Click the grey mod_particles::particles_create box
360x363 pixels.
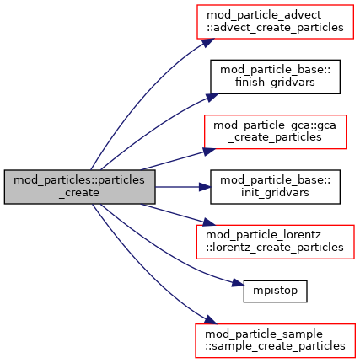(x=79, y=187)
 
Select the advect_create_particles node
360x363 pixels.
(x=275, y=22)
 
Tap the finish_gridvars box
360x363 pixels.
(x=275, y=77)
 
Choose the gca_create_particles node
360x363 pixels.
(x=275, y=131)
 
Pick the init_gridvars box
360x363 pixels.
(x=275, y=187)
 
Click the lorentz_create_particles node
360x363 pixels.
(x=275, y=242)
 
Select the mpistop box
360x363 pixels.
(x=275, y=291)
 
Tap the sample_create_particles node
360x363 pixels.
(x=275, y=340)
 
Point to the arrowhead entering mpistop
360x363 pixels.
(x=238, y=283)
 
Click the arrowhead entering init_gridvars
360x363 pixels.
(x=205, y=187)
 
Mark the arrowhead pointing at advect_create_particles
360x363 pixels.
(x=208, y=43)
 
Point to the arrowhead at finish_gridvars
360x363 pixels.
(x=212, y=98)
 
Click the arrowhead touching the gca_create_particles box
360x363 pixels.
(x=209, y=152)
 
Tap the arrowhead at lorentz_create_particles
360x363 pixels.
(x=209, y=222)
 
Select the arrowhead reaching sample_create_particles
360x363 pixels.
(x=210, y=319)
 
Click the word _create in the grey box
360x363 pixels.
(x=79, y=193)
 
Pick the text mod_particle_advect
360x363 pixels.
(x=264, y=15)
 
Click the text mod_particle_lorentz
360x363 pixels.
(x=263, y=235)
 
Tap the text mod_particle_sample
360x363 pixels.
(x=264, y=334)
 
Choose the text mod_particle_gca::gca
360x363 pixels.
(x=275, y=125)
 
